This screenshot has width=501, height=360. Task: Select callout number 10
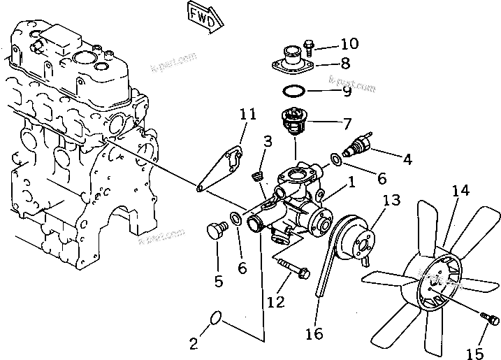coord(344,44)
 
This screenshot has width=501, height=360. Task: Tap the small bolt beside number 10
coord(311,46)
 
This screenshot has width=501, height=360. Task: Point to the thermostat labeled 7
coord(293,124)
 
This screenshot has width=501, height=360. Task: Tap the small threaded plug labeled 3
coord(256,175)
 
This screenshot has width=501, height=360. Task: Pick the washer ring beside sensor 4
coord(337,161)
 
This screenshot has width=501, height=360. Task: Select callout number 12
coord(276,303)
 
